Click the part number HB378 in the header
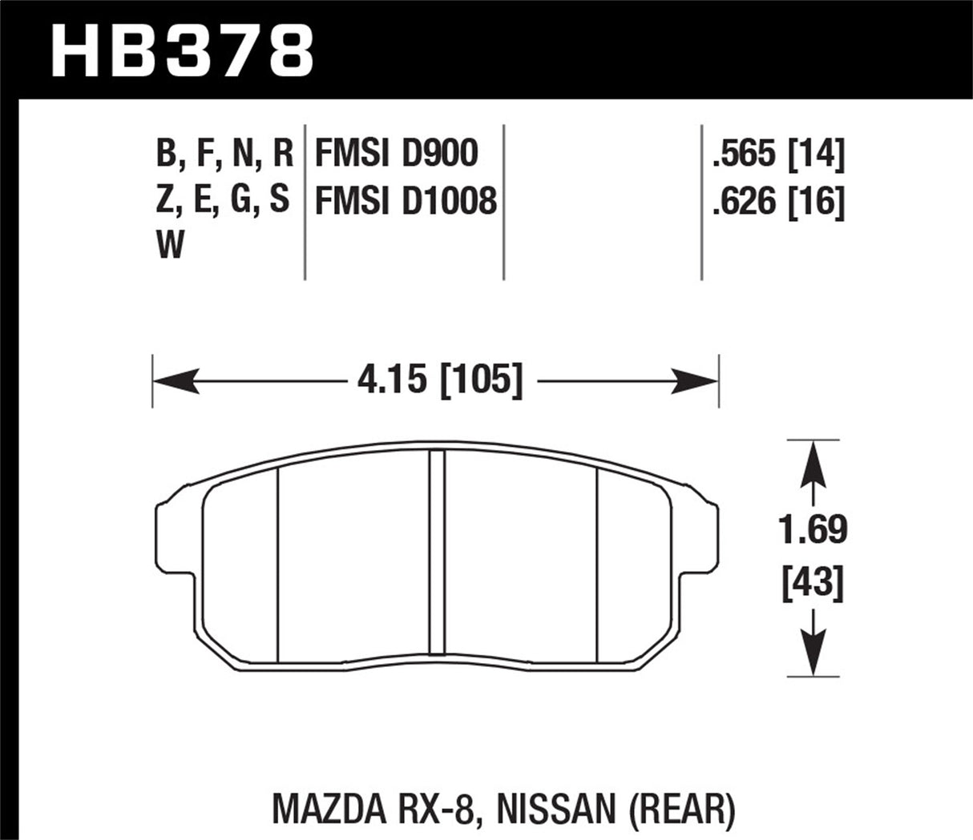pyautogui.click(x=182, y=49)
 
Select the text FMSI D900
pyautogui.click(x=396, y=153)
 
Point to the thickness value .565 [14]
pyautogui.click(x=778, y=154)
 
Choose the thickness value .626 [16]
pyautogui.click(x=778, y=201)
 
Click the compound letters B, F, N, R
pyautogui.click(x=225, y=153)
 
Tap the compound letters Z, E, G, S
pyautogui.click(x=224, y=200)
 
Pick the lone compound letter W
pyautogui.click(x=171, y=246)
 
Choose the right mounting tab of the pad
pyautogui.click(x=706, y=537)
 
